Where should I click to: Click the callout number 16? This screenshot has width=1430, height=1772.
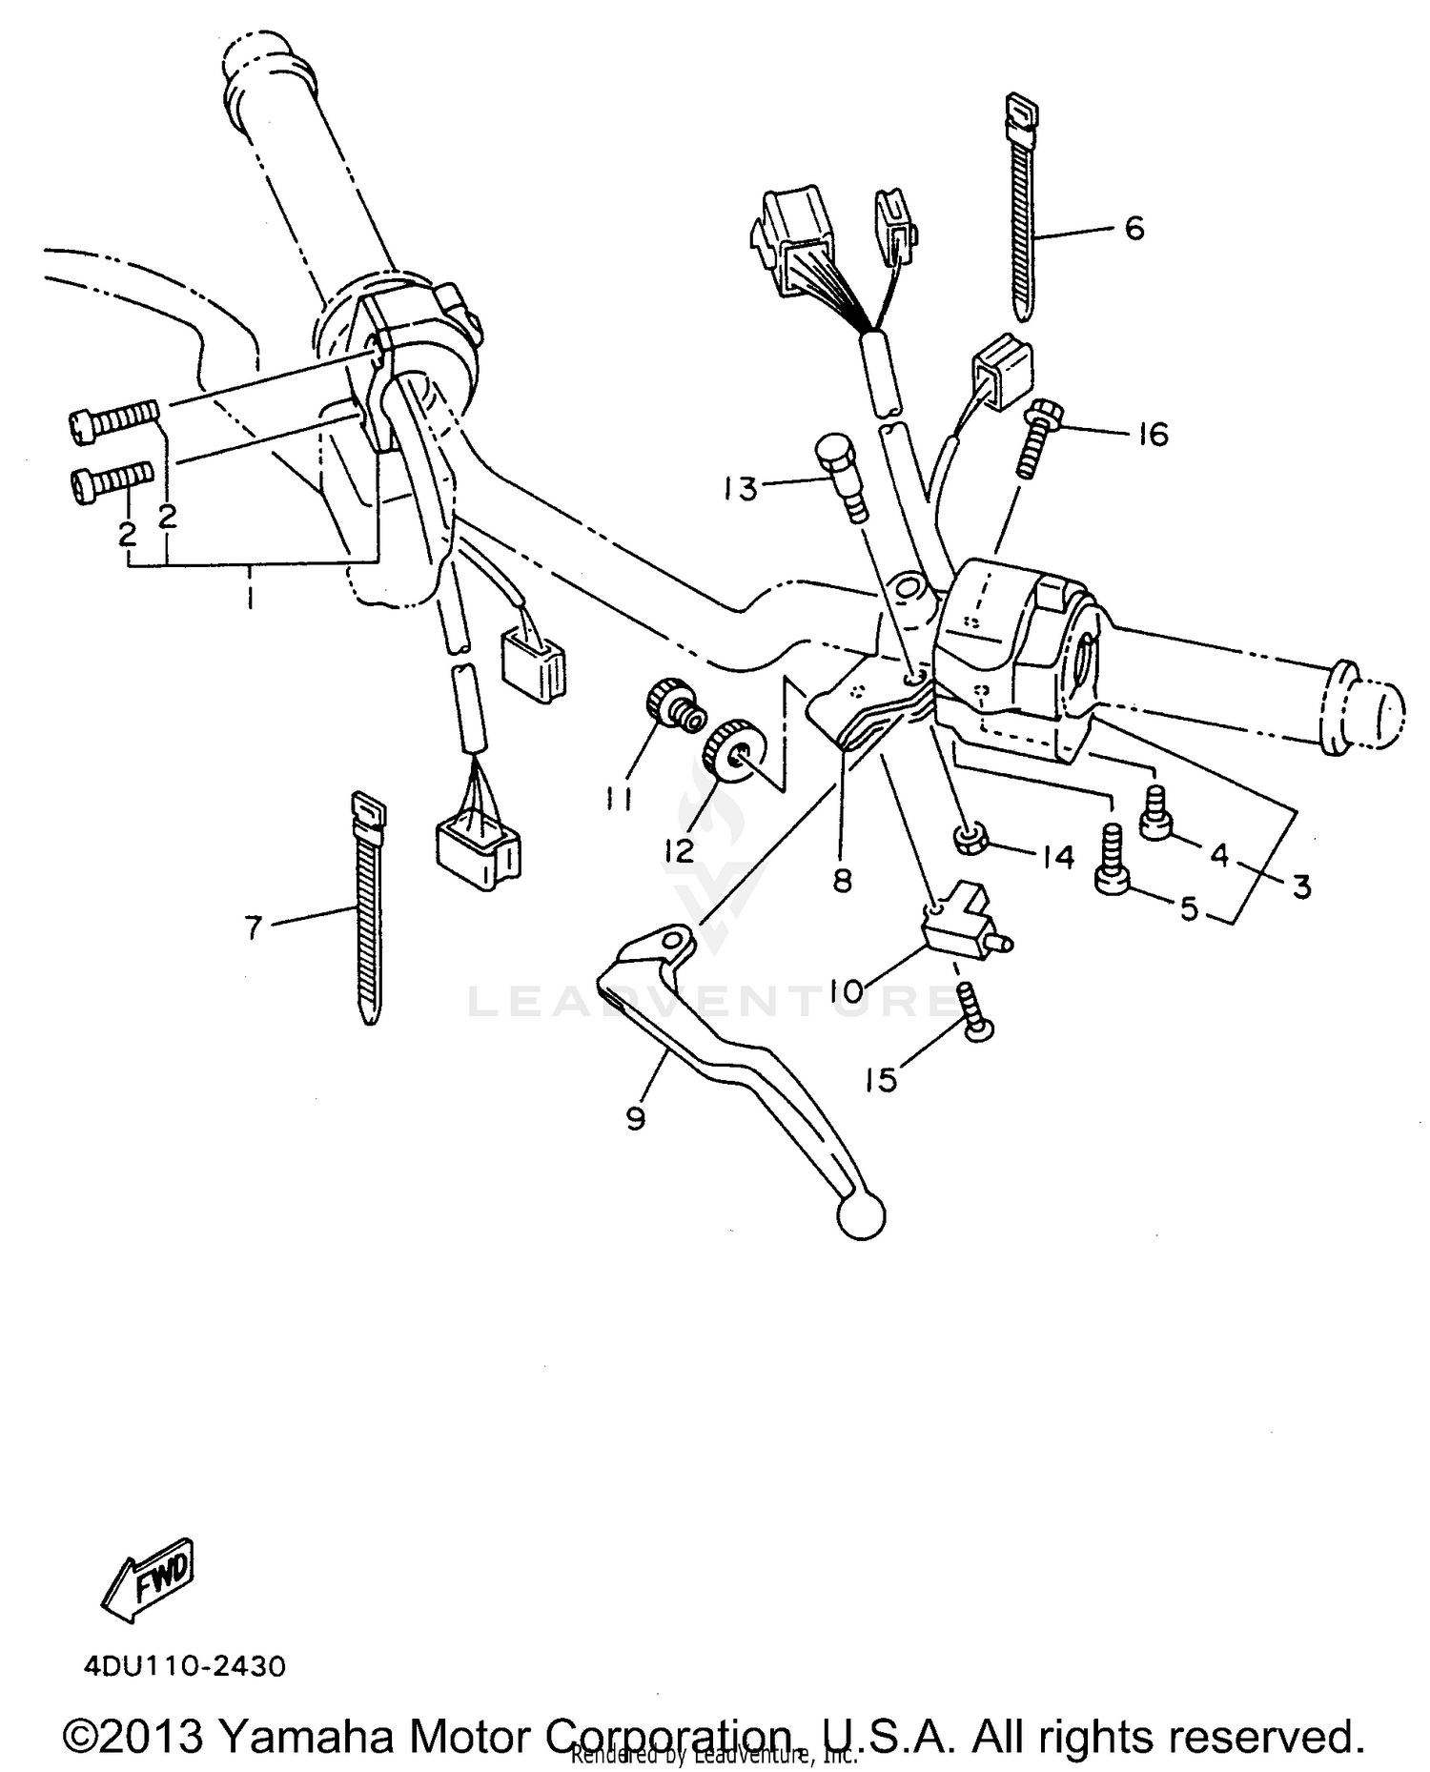pos(1154,435)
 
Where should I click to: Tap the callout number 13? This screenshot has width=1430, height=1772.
pos(741,489)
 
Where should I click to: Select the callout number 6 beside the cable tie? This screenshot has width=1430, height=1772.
pos(1134,229)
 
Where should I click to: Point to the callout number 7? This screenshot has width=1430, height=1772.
pos(253,927)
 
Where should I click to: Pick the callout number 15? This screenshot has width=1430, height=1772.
pos(882,1080)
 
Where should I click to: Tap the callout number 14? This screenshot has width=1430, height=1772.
pos(1059,857)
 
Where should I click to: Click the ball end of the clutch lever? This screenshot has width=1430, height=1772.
pos(860,1217)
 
